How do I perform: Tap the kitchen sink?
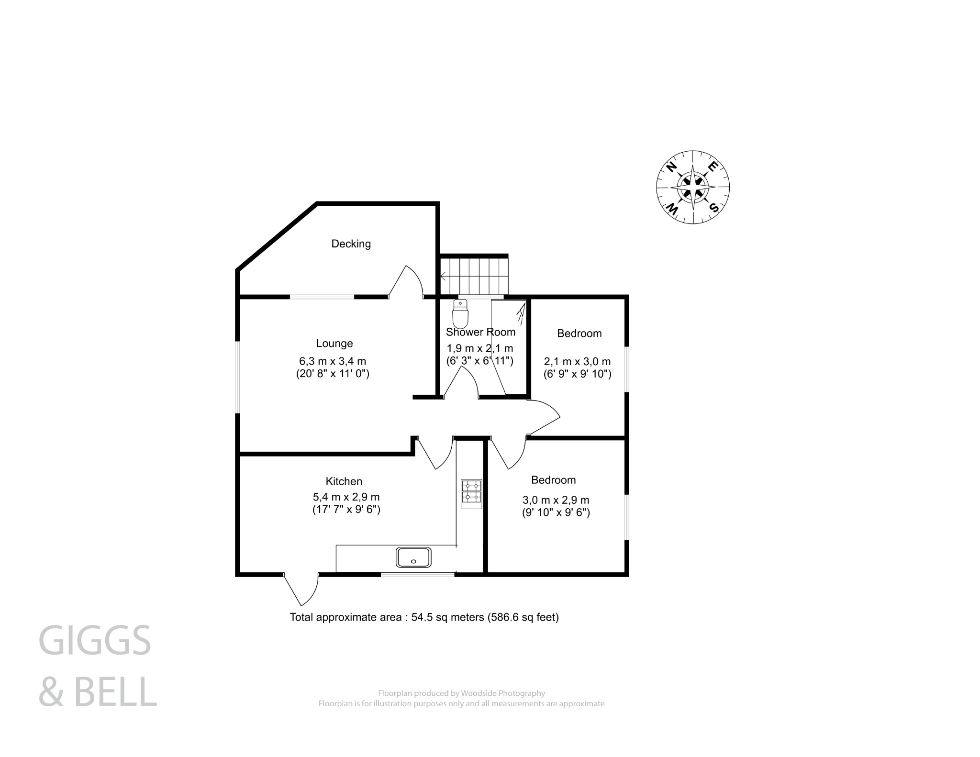[413, 557]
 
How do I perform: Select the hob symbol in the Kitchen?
[471, 493]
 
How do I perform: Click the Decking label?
[351, 244]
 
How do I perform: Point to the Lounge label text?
[334, 343]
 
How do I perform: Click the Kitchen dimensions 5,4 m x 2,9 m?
[346, 497]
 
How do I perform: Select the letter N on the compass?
[671, 167]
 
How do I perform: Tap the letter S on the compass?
[713, 207]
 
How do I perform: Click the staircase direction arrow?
[443, 276]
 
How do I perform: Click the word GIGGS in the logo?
[95, 640]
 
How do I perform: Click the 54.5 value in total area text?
[422, 617]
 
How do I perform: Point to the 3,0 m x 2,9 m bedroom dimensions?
[556, 500]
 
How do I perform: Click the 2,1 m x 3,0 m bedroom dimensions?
[577, 362]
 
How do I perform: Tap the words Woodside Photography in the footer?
[503, 693]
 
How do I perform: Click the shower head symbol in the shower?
[521, 312]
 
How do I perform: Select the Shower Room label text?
[480, 332]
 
